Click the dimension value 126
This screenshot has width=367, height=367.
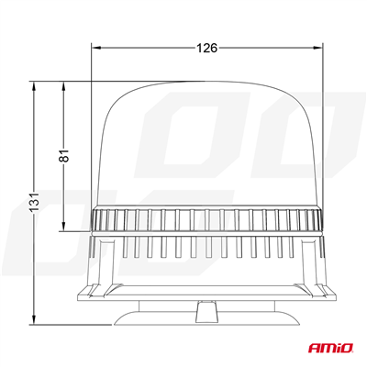(x=207, y=49)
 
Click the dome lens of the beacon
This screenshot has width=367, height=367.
(x=209, y=147)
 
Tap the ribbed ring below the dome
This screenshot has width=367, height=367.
(x=209, y=218)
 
